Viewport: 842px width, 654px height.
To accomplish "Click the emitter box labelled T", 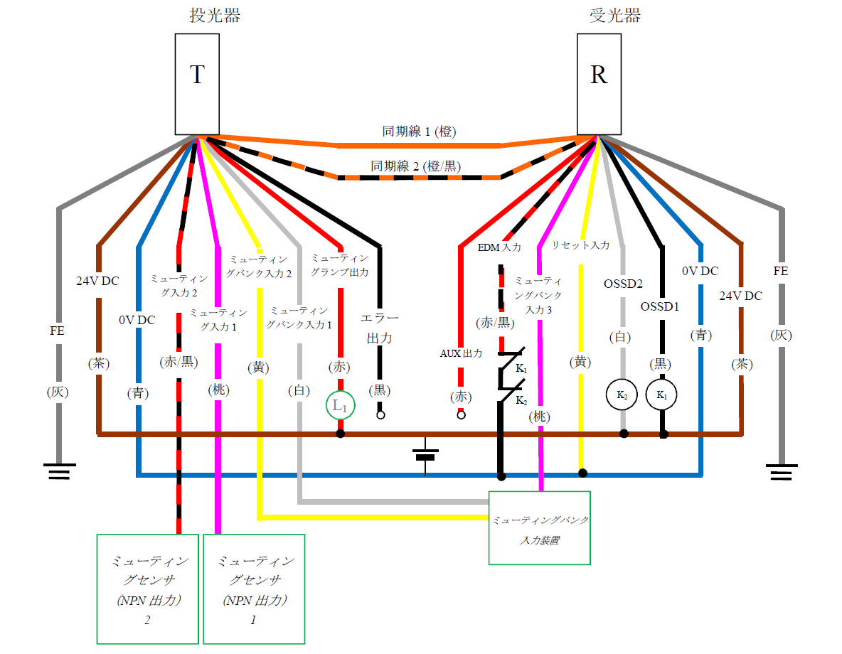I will [197, 85].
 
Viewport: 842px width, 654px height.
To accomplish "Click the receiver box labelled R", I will [599, 85].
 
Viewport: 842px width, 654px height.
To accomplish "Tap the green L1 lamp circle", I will [340, 406].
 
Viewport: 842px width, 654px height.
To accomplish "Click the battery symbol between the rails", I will [425, 454].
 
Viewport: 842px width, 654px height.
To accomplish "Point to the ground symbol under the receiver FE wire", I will [782, 471].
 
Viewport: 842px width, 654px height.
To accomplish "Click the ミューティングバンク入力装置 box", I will [540, 527].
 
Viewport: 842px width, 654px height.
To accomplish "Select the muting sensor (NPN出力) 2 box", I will [147, 589].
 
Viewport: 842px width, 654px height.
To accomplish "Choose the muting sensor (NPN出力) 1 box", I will [254, 589].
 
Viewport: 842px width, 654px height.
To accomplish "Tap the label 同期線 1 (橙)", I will [420, 132].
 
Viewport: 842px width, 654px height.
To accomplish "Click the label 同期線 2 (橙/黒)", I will [416, 166].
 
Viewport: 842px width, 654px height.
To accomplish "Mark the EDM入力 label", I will [499, 247].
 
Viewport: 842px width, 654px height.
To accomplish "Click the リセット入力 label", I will [580, 245].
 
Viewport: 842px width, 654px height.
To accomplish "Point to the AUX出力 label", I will [461, 353].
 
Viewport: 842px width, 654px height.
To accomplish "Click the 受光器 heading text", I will [616, 16].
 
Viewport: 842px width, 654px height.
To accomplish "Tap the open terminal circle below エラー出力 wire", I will [380, 414].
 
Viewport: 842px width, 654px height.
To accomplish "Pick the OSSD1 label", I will [660, 307].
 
